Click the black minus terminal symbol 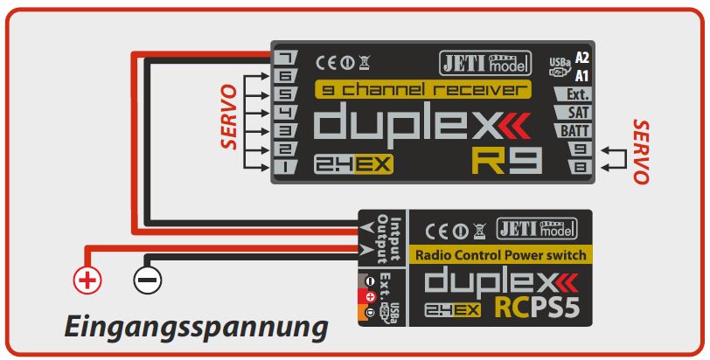point(146,280)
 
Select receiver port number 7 point(286,58)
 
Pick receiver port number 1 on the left point(286,166)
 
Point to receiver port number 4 point(286,112)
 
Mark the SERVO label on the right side point(640,151)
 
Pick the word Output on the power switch point(381,232)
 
